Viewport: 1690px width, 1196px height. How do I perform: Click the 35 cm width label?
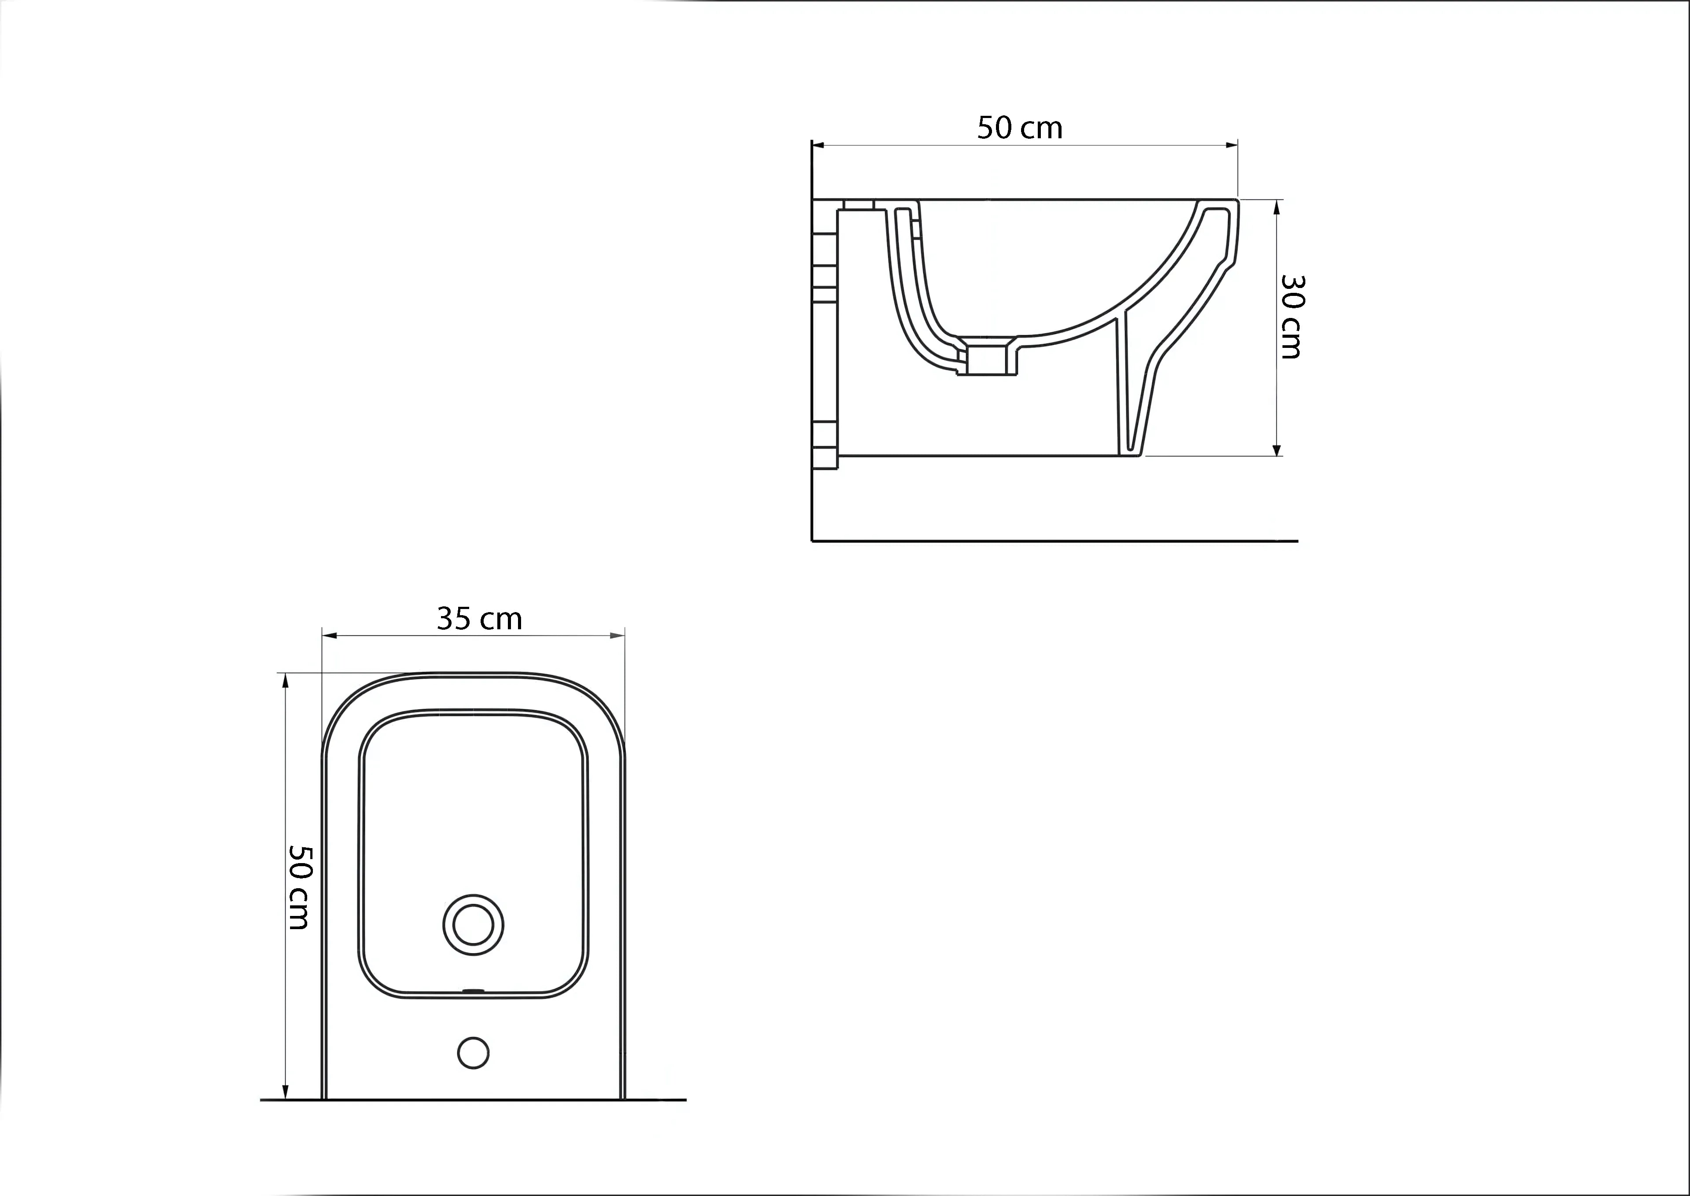pyautogui.click(x=479, y=619)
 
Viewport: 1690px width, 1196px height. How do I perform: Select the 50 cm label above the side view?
pyautogui.click(x=1019, y=128)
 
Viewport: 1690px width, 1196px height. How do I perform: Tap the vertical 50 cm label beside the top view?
pyautogui.click(x=299, y=887)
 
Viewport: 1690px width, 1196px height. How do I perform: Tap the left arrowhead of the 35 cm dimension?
pyautogui.click(x=330, y=635)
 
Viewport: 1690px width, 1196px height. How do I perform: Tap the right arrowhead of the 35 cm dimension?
pyautogui.click(x=617, y=635)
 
